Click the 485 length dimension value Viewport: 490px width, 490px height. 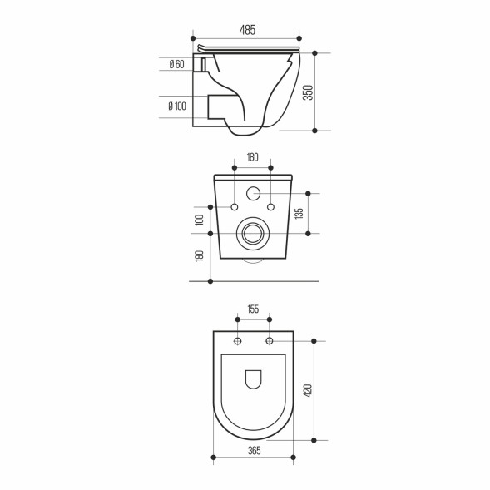(247, 30)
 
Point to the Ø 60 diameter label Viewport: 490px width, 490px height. (176, 64)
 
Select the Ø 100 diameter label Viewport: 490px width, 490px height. (176, 106)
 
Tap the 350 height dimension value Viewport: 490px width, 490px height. (307, 92)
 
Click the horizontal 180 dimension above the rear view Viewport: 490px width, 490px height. (252, 157)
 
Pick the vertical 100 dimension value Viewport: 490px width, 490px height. (200, 220)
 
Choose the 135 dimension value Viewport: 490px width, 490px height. (299, 213)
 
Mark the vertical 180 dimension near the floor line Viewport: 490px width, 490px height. (200, 256)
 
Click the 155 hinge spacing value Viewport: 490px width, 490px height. (253, 309)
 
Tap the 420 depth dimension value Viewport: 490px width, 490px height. (307, 390)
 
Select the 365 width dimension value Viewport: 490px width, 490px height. (254, 450)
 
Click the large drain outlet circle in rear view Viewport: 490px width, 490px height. (252, 234)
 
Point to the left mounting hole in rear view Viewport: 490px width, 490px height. (235, 206)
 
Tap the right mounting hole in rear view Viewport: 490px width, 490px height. (270, 206)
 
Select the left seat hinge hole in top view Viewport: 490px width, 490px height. (238, 341)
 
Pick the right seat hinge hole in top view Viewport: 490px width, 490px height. (269, 341)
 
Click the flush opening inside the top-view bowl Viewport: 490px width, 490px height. (254, 379)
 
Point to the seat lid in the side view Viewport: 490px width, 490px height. (250, 48)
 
